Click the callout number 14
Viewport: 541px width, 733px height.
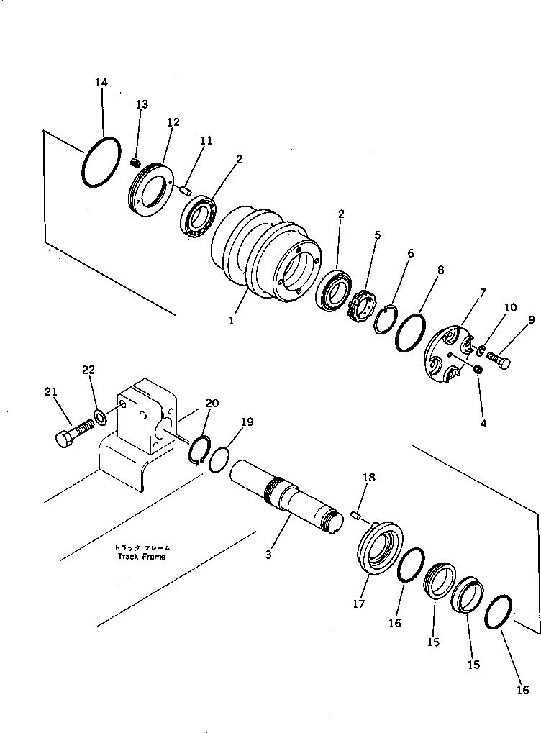click(101, 83)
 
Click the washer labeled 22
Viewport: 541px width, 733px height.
click(100, 417)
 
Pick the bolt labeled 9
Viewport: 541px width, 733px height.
click(498, 358)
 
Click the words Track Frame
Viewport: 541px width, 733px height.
click(142, 556)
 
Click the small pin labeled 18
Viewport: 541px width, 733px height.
click(355, 513)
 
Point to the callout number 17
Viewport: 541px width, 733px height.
click(359, 604)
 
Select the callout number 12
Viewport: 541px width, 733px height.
click(173, 122)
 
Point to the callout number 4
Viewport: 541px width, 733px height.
click(483, 423)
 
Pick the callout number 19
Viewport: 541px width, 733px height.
click(247, 422)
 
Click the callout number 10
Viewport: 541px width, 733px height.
click(510, 308)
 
